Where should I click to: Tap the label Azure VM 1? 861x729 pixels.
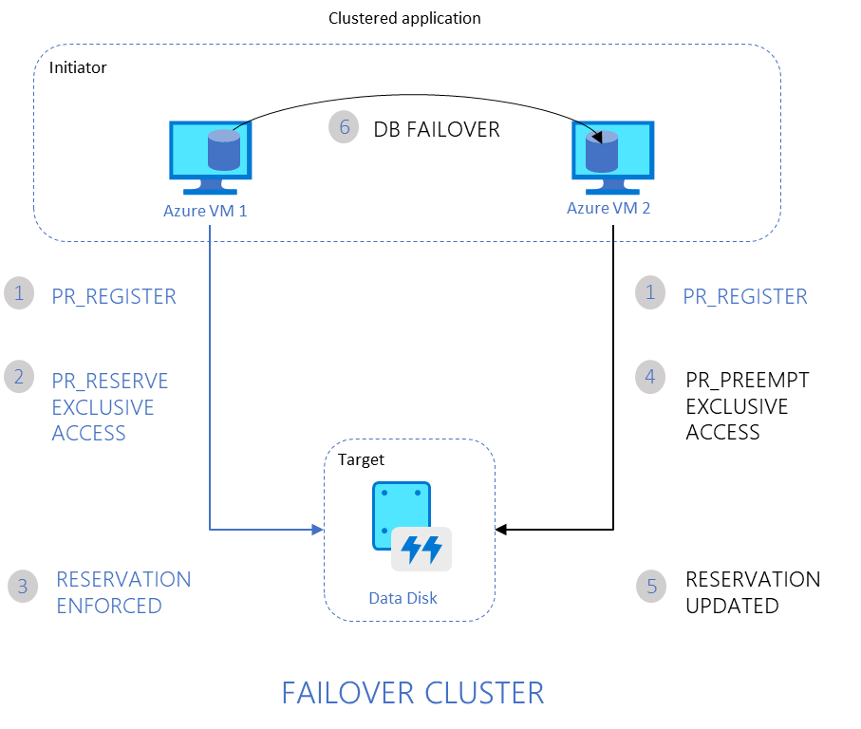coord(204,211)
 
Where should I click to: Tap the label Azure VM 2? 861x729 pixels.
coord(608,208)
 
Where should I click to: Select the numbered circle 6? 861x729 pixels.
coord(344,126)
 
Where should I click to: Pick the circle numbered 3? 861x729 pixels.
coord(23,586)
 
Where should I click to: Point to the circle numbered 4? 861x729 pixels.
coord(650,376)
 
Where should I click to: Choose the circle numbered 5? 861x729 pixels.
coord(651,586)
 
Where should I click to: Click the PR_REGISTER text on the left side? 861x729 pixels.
coord(114,296)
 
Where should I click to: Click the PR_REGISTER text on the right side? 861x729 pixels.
coord(745,296)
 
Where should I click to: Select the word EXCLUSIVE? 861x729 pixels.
coord(103,407)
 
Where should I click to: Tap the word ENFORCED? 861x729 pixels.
coord(109,606)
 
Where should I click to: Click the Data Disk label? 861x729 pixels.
coord(403,599)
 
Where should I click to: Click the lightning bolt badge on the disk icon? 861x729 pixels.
coord(421,549)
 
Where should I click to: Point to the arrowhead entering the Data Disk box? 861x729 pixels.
coord(318,529)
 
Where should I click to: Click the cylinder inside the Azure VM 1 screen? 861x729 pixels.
coord(223,149)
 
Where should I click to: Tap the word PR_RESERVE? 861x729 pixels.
coord(110,381)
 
